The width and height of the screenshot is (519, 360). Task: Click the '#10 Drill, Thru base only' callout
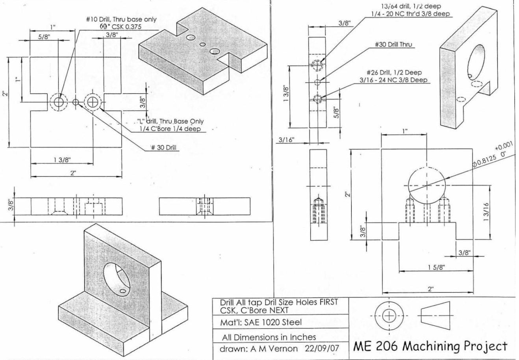point(121,19)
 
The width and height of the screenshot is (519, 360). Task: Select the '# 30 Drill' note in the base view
point(164,148)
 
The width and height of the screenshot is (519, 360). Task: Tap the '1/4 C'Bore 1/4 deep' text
point(170,128)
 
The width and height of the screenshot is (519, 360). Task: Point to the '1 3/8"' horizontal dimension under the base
point(62,160)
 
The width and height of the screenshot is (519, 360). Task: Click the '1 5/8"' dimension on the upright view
point(436,267)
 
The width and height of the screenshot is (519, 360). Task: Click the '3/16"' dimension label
point(287,140)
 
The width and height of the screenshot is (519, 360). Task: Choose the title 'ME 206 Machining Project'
point(430,346)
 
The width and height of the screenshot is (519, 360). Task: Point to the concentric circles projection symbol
point(389,315)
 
